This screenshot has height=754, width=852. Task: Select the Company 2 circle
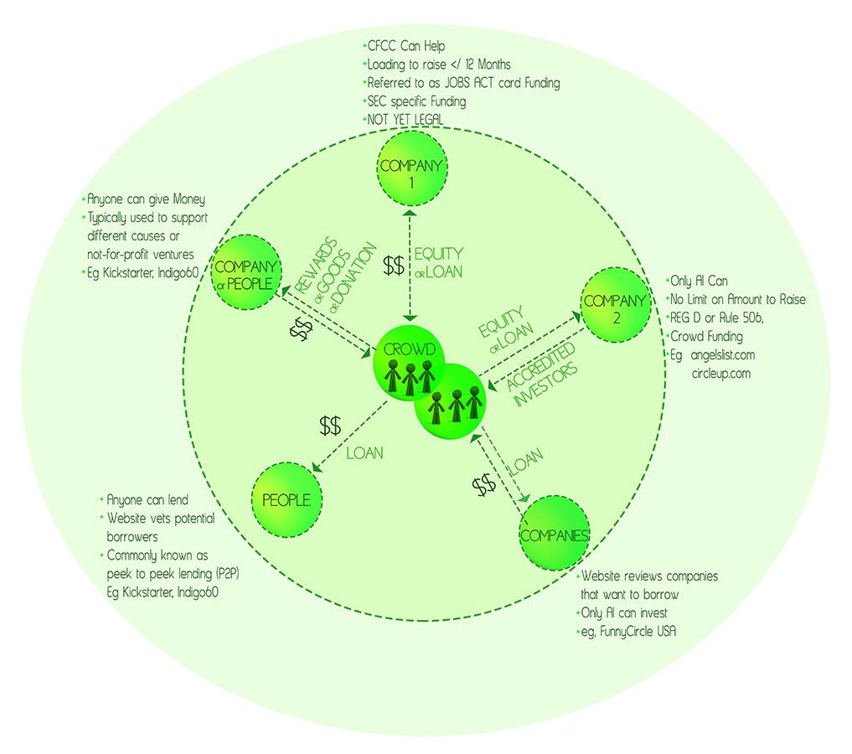click(x=615, y=302)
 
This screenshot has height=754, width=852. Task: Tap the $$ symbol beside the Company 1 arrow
click(x=394, y=266)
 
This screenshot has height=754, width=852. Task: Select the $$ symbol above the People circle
click(x=330, y=426)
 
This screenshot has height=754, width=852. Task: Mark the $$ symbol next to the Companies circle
click(x=483, y=485)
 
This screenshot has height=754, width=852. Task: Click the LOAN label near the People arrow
click(x=364, y=453)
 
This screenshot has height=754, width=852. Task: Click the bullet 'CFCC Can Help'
click(x=401, y=46)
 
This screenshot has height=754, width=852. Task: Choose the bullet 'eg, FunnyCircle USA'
click(x=627, y=631)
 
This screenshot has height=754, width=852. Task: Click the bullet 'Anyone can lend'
click(x=147, y=499)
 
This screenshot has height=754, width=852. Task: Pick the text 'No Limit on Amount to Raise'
click(x=738, y=299)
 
